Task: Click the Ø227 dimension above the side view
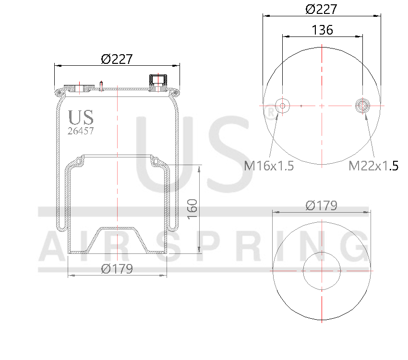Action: tap(117, 59)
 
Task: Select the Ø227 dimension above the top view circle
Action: tap(321, 9)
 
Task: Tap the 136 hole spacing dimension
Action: tap(322, 30)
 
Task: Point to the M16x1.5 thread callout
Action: tap(268, 166)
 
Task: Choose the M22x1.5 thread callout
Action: tap(373, 166)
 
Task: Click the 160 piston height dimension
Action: tap(192, 209)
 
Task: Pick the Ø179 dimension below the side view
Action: tap(117, 269)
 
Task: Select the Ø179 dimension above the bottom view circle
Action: tap(321, 206)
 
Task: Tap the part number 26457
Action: tap(80, 131)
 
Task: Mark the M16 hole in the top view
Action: tap(282, 106)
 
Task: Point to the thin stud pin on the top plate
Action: tap(102, 85)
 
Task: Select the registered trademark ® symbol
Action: tap(271, 113)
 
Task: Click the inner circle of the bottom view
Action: tap(321, 270)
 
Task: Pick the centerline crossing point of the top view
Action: tap(322, 106)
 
